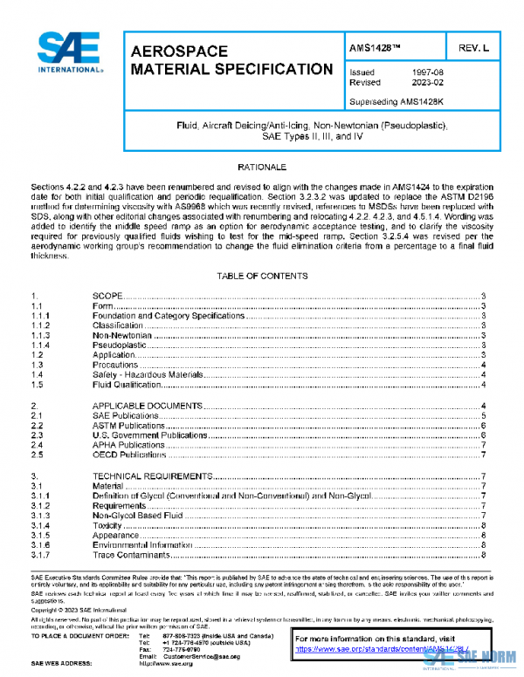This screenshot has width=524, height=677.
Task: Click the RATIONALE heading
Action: coord(262,166)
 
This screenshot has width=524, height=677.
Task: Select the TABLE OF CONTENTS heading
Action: coord(262,276)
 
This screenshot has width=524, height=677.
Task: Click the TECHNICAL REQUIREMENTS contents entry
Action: coord(152,476)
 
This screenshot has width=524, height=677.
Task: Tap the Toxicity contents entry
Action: coord(107,525)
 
